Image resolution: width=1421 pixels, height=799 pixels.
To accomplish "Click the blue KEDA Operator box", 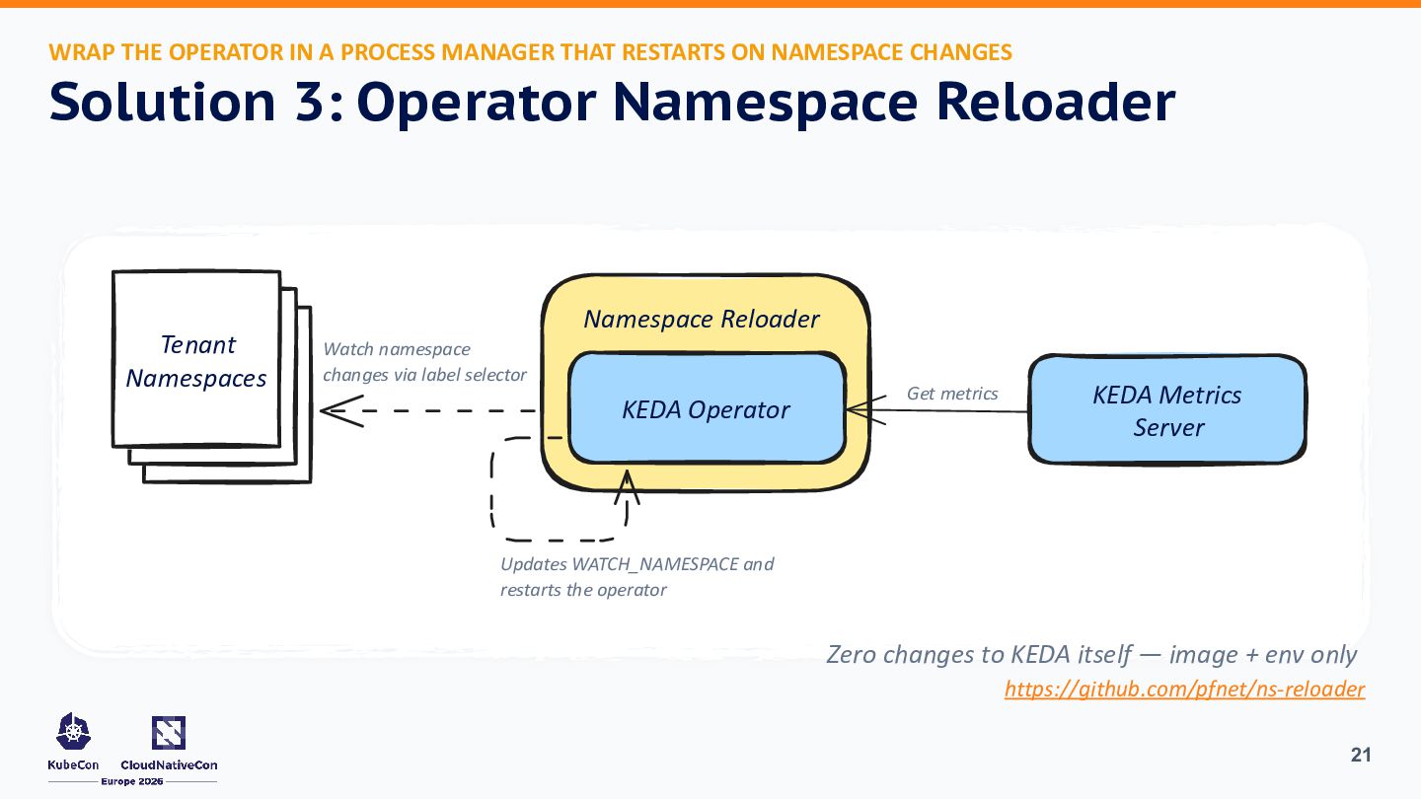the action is click(707, 407).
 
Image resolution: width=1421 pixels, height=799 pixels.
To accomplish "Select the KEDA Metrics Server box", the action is click(1167, 409).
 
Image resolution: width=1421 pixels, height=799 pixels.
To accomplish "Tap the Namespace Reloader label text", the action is click(701, 319).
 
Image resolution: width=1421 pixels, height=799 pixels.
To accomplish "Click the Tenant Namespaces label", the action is click(196, 361).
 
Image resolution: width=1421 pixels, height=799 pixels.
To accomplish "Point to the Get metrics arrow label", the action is click(952, 394).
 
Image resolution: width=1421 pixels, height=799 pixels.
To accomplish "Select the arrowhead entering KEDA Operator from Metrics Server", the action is click(866, 410).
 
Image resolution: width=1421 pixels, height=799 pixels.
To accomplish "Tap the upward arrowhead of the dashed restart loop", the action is click(627, 487).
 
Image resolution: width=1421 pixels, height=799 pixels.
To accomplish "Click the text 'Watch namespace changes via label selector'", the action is click(424, 361).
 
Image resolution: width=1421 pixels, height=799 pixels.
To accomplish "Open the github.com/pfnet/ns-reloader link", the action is click(1184, 689).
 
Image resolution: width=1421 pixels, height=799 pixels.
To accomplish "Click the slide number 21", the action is click(1361, 755).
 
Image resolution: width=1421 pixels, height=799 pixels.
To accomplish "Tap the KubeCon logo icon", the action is click(74, 731).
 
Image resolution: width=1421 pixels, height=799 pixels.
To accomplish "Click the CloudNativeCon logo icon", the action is click(169, 732).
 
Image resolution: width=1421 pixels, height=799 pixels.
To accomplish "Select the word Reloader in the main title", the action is click(1056, 102).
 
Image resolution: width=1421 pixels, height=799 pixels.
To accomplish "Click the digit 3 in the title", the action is click(310, 102).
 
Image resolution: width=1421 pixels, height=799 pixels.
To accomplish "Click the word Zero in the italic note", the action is click(852, 654).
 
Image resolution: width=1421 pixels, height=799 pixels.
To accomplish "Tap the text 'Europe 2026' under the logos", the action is click(132, 781).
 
